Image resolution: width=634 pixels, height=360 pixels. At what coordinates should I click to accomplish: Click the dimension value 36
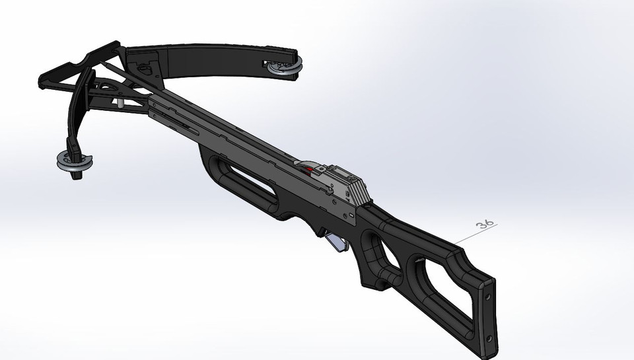tap(485, 224)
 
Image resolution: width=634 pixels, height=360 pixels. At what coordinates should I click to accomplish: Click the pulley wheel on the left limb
tap(74, 161)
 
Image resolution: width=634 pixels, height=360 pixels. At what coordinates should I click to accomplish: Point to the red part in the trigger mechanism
tap(308, 170)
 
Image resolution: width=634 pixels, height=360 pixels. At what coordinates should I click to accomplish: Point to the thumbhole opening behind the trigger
tap(383, 254)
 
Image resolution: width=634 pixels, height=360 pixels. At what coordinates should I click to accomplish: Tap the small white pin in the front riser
tap(122, 104)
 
